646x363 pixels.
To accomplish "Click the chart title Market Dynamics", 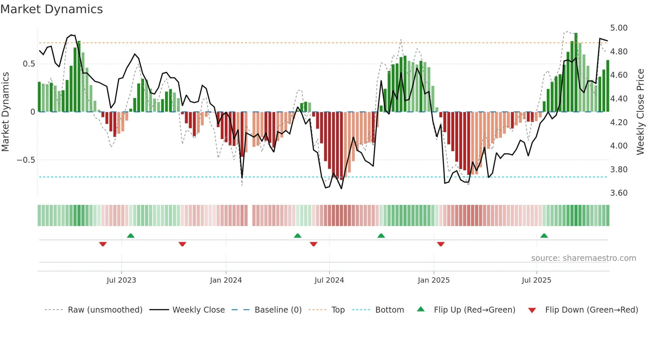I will coord(51,9).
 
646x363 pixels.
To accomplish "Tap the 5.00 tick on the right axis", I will coord(619,28).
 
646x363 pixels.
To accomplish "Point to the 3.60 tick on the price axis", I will coord(619,193).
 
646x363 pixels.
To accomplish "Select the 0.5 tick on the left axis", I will coord(29,64).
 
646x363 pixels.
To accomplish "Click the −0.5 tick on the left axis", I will coord(26,160).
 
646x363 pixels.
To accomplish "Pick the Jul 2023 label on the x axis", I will coord(121,280).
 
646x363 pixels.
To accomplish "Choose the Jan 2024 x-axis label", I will coord(226,280).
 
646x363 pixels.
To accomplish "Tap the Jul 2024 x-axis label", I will coord(329,280).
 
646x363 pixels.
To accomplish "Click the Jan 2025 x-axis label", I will coord(433,280).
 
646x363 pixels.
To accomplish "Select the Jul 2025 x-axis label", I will coord(536,280).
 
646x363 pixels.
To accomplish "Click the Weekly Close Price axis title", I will coord(640,112).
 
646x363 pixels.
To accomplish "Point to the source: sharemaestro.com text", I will coord(583,258).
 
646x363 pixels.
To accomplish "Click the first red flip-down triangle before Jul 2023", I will coord(103,244).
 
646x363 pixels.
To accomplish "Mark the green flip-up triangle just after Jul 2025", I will coord(544,236).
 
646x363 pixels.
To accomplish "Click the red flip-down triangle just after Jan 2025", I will coord(441,244).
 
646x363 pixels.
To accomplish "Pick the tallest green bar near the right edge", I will coord(576,72).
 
